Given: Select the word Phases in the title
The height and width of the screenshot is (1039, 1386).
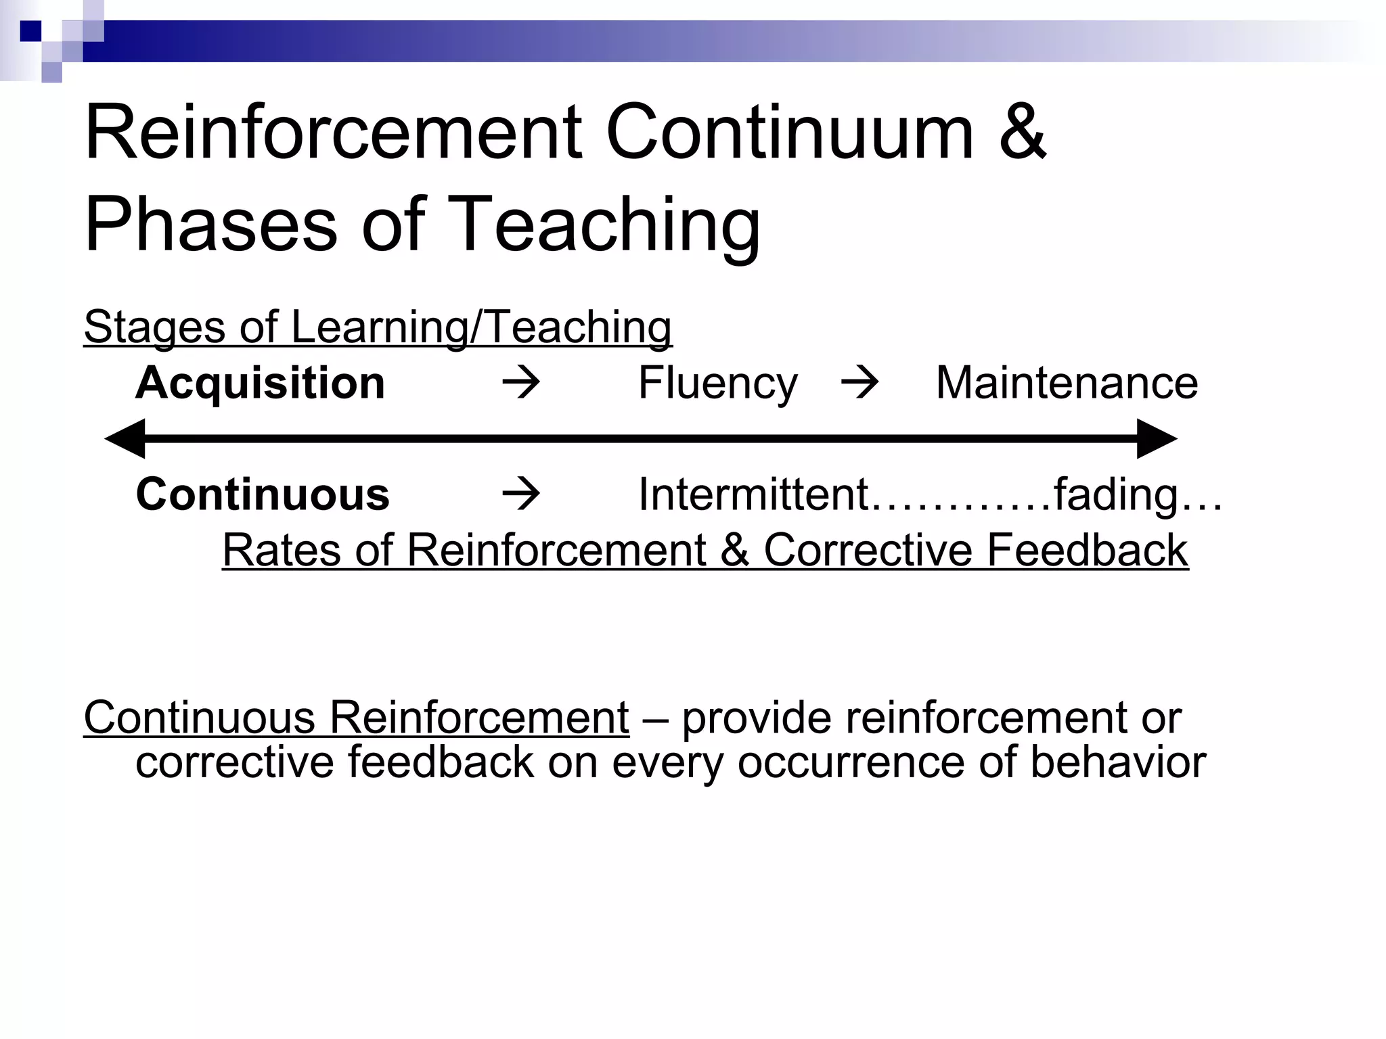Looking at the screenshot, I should click(x=210, y=225).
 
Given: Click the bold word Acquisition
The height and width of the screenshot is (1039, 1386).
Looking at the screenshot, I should click(x=261, y=383).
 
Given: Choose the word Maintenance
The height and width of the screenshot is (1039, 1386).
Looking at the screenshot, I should click(x=1067, y=383).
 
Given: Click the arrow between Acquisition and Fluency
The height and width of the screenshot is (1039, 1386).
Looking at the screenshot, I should click(x=521, y=383).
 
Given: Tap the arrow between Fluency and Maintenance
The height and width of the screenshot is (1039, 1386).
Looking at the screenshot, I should click(x=859, y=383).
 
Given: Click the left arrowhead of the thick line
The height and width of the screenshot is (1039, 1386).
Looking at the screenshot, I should click(x=126, y=439).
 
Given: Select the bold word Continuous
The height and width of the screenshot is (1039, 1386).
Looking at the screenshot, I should click(x=263, y=494).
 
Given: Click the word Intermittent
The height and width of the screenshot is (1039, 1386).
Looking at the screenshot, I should click(x=753, y=494).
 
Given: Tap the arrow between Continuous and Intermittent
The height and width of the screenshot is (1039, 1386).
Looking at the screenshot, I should click(x=521, y=494).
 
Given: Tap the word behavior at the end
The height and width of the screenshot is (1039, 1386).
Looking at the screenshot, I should click(x=1118, y=762).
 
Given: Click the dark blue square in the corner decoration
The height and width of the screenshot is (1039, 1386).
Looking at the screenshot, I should click(x=31, y=31).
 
